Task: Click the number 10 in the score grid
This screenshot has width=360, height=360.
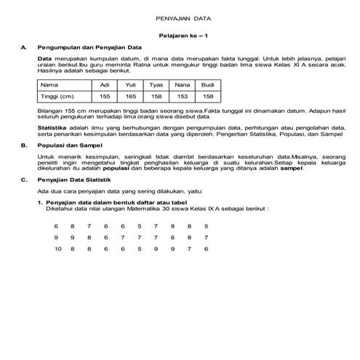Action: coord(58,249)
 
